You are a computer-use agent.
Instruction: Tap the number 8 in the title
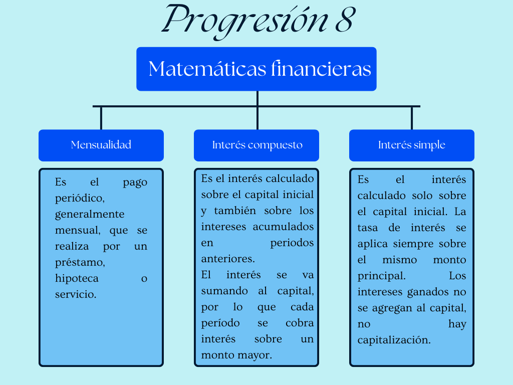click(x=345, y=20)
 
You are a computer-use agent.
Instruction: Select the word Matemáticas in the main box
click(x=207, y=69)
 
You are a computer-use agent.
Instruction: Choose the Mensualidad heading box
click(x=101, y=145)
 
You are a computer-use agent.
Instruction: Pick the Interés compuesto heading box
click(x=256, y=145)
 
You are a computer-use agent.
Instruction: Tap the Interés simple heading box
click(x=412, y=145)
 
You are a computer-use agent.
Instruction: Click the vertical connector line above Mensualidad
click(x=101, y=118)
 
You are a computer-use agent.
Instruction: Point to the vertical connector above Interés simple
click(x=412, y=118)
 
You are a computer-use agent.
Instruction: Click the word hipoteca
click(x=77, y=278)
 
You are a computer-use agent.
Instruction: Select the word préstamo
click(x=80, y=263)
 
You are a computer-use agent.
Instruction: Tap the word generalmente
click(x=90, y=215)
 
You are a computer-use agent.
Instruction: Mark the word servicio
click(x=76, y=294)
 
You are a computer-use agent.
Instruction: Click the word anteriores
click(x=228, y=259)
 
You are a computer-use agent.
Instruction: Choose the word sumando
click(x=224, y=291)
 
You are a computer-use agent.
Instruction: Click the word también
click(x=235, y=211)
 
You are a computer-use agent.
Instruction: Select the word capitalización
click(x=394, y=340)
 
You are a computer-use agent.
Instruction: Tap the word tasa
click(x=367, y=228)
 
